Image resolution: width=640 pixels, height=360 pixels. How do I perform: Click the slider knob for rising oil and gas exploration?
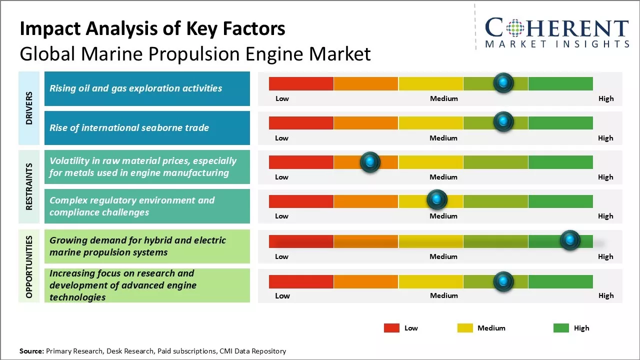(x=503, y=82)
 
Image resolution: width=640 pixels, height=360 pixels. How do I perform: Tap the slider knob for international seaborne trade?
(x=503, y=122)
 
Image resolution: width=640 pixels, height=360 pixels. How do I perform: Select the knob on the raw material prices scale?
(x=370, y=162)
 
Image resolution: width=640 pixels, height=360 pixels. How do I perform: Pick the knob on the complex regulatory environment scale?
(x=437, y=200)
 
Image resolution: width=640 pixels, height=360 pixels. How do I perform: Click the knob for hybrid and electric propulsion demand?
(x=569, y=240)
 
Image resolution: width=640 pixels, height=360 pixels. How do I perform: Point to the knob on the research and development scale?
(x=503, y=281)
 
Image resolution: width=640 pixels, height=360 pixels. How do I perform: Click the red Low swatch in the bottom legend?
(x=391, y=328)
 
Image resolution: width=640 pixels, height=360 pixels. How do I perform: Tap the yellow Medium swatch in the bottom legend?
(x=465, y=328)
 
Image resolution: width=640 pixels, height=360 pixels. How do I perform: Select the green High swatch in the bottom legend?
(x=561, y=328)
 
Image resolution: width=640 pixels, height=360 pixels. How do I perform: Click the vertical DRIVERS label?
(x=29, y=108)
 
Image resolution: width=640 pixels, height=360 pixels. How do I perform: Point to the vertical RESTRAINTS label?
(x=29, y=186)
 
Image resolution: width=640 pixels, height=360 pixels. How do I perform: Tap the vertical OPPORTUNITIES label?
(x=29, y=267)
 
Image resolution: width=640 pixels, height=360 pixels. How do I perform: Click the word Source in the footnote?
(x=31, y=351)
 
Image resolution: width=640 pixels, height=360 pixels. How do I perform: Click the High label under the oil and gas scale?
(x=606, y=98)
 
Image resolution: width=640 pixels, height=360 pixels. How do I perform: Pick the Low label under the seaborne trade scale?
(x=282, y=138)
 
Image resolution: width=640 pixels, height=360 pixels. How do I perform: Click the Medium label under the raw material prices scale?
(x=443, y=177)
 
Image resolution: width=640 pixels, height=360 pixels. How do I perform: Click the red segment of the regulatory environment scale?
(x=301, y=201)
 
